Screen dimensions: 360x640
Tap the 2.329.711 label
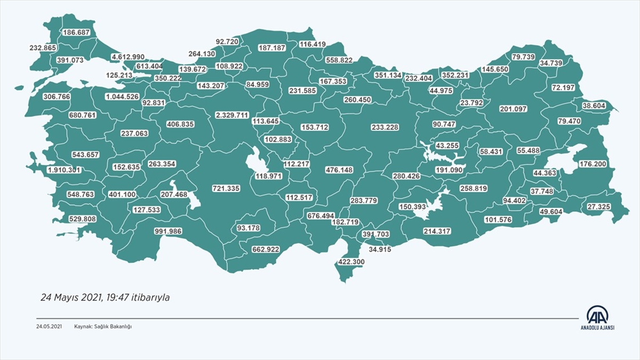232,115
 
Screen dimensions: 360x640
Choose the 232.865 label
43,47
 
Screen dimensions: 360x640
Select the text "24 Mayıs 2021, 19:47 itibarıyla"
105,298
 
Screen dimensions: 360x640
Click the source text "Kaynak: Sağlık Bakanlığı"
103,326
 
